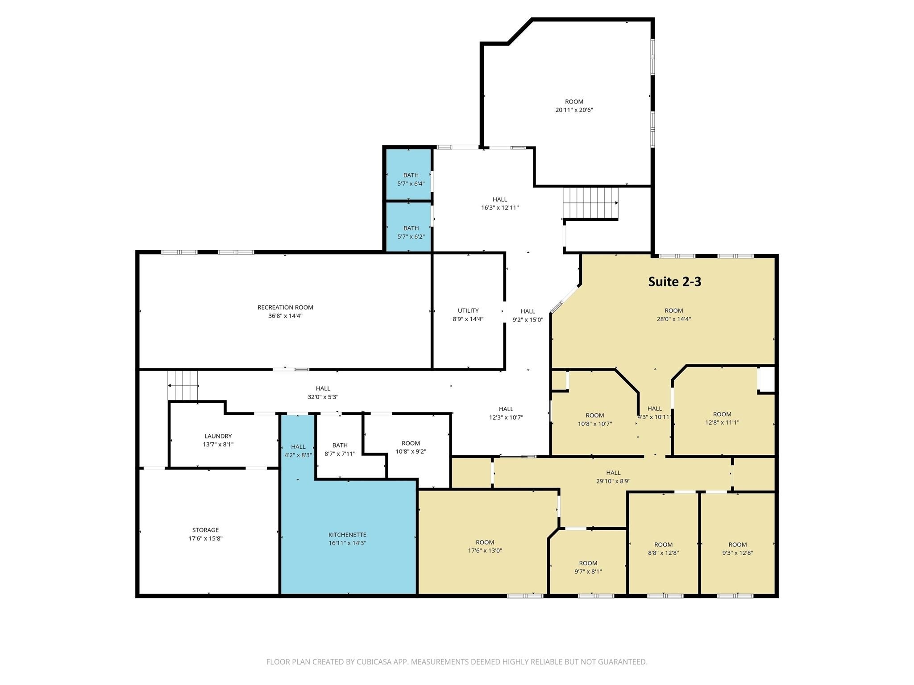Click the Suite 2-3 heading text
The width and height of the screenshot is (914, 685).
click(x=674, y=281)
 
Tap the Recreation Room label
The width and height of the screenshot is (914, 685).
click(x=285, y=307)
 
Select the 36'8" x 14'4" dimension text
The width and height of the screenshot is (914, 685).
click(x=285, y=316)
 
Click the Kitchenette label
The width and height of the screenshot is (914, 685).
click(x=347, y=535)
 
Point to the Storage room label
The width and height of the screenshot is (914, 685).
click(x=205, y=530)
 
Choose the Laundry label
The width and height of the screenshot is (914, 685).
click(x=218, y=436)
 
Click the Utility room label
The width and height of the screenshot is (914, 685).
click(x=468, y=311)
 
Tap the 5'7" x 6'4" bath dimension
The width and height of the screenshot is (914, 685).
click(x=411, y=184)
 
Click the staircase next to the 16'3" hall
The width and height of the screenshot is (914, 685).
click(x=590, y=203)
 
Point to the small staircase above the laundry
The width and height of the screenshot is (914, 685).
click(x=183, y=385)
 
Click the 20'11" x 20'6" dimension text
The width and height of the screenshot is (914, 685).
click(x=574, y=110)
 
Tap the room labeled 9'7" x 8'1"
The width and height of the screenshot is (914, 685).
click(x=588, y=567)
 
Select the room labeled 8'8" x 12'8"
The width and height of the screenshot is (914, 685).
click(x=663, y=549)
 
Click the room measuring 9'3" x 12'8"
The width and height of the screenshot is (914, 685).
click(x=737, y=549)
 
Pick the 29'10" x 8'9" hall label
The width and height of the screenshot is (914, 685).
click(x=613, y=477)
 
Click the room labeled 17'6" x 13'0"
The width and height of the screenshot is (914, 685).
click(x=485, y=546)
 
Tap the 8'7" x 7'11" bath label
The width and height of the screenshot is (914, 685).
click(x=340, y=450)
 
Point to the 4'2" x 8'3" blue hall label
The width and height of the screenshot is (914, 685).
click(x=298, y=451)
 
